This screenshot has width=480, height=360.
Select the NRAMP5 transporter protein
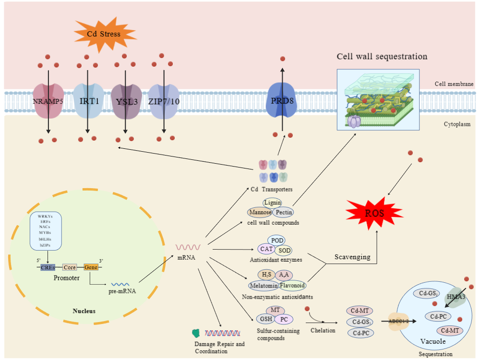[x=48, y=101]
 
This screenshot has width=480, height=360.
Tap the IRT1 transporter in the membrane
[x=88, y=101]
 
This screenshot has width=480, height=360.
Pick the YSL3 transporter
[x=126, y=101]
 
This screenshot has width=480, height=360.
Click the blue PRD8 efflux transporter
[x=282, y=101]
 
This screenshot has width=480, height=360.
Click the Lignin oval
[x=273, y=203]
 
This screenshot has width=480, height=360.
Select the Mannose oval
[x=261, y=212]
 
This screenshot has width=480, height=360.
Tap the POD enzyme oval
[x=278, y=240]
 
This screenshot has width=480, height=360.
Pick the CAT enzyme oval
[x=267, y=249]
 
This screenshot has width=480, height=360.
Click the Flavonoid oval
[x=293, y=286]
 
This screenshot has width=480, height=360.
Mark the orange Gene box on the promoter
[x=91, y=267]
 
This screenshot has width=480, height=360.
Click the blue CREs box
[x=48, y=267]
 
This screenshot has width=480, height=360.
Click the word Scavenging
[x=352, y=257]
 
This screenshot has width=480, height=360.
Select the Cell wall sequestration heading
[x=382, y=57]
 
